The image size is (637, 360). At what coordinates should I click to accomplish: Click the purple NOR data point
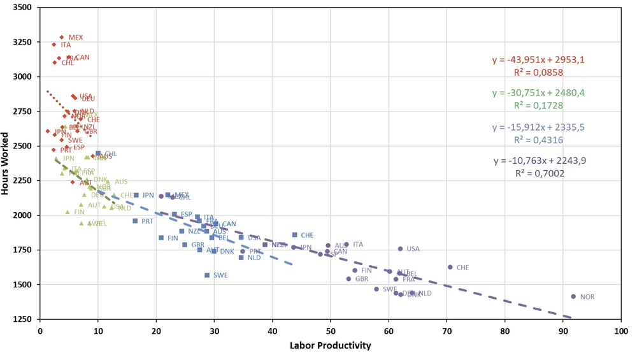[x=573, y=296]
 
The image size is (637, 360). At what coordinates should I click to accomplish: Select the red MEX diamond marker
[x=62, y=38]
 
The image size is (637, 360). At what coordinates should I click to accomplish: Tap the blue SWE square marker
[x=207, y=275]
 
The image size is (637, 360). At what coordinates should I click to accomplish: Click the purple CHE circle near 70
[x=450, y=268]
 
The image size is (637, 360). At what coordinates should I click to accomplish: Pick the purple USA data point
[x=400, y=249]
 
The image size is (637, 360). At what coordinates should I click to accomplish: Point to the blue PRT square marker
[x=135, y=221]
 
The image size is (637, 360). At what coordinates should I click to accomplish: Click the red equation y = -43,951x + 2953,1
[x=538, y=60]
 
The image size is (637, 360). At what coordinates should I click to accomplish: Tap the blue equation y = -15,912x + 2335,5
[x=538, y=127]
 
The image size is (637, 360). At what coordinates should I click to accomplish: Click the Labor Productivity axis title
[x=330, y=346]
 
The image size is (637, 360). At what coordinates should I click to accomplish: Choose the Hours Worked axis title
[x=6, y=164]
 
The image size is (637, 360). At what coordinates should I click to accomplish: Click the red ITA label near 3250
[x=66, y=45]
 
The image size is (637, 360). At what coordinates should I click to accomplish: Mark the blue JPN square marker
[x=136, y=196]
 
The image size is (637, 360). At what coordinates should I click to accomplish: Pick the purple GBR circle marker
[x=348, y=279]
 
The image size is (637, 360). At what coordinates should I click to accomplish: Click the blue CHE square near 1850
[x=295, y=235]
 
